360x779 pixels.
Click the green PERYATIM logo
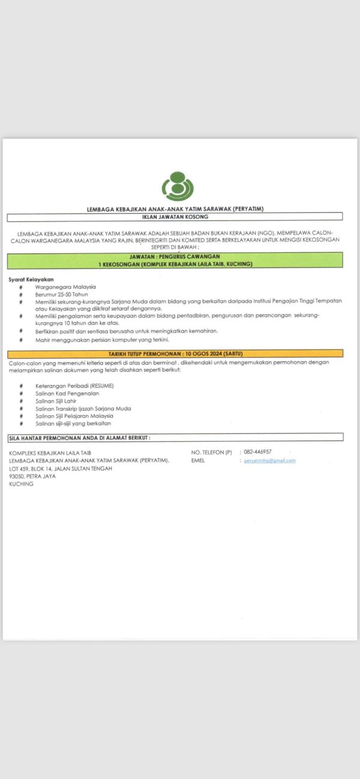178,187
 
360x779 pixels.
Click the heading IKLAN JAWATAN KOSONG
175,217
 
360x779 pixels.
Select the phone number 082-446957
257,451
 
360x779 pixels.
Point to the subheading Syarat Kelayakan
31,279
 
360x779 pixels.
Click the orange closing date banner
175,353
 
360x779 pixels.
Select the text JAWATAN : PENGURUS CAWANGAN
175,257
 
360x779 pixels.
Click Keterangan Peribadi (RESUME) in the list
74,385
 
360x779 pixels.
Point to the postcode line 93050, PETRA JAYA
32,476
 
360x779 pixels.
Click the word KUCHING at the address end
22,484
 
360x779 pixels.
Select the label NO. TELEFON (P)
211,452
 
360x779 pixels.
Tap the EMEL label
198,460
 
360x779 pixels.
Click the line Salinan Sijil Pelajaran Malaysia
74,415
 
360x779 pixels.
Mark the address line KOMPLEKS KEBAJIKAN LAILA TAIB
50,452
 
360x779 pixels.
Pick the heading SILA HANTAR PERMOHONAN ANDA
79,438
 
